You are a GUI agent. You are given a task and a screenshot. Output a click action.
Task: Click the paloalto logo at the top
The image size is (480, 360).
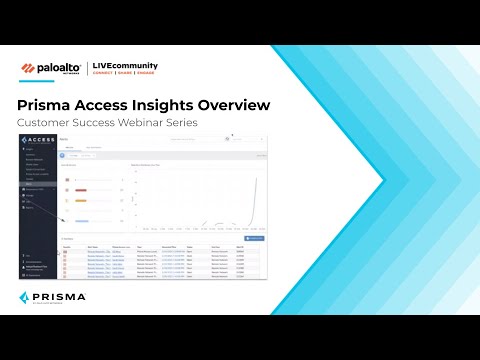pos(51,68)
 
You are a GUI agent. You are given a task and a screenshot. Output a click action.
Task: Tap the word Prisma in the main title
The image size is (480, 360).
pos(47,105)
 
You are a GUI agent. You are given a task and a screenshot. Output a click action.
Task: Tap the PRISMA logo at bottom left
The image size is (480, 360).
pos(52,297)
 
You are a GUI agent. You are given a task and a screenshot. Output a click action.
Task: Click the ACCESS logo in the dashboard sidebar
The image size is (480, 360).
pos(36,139)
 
